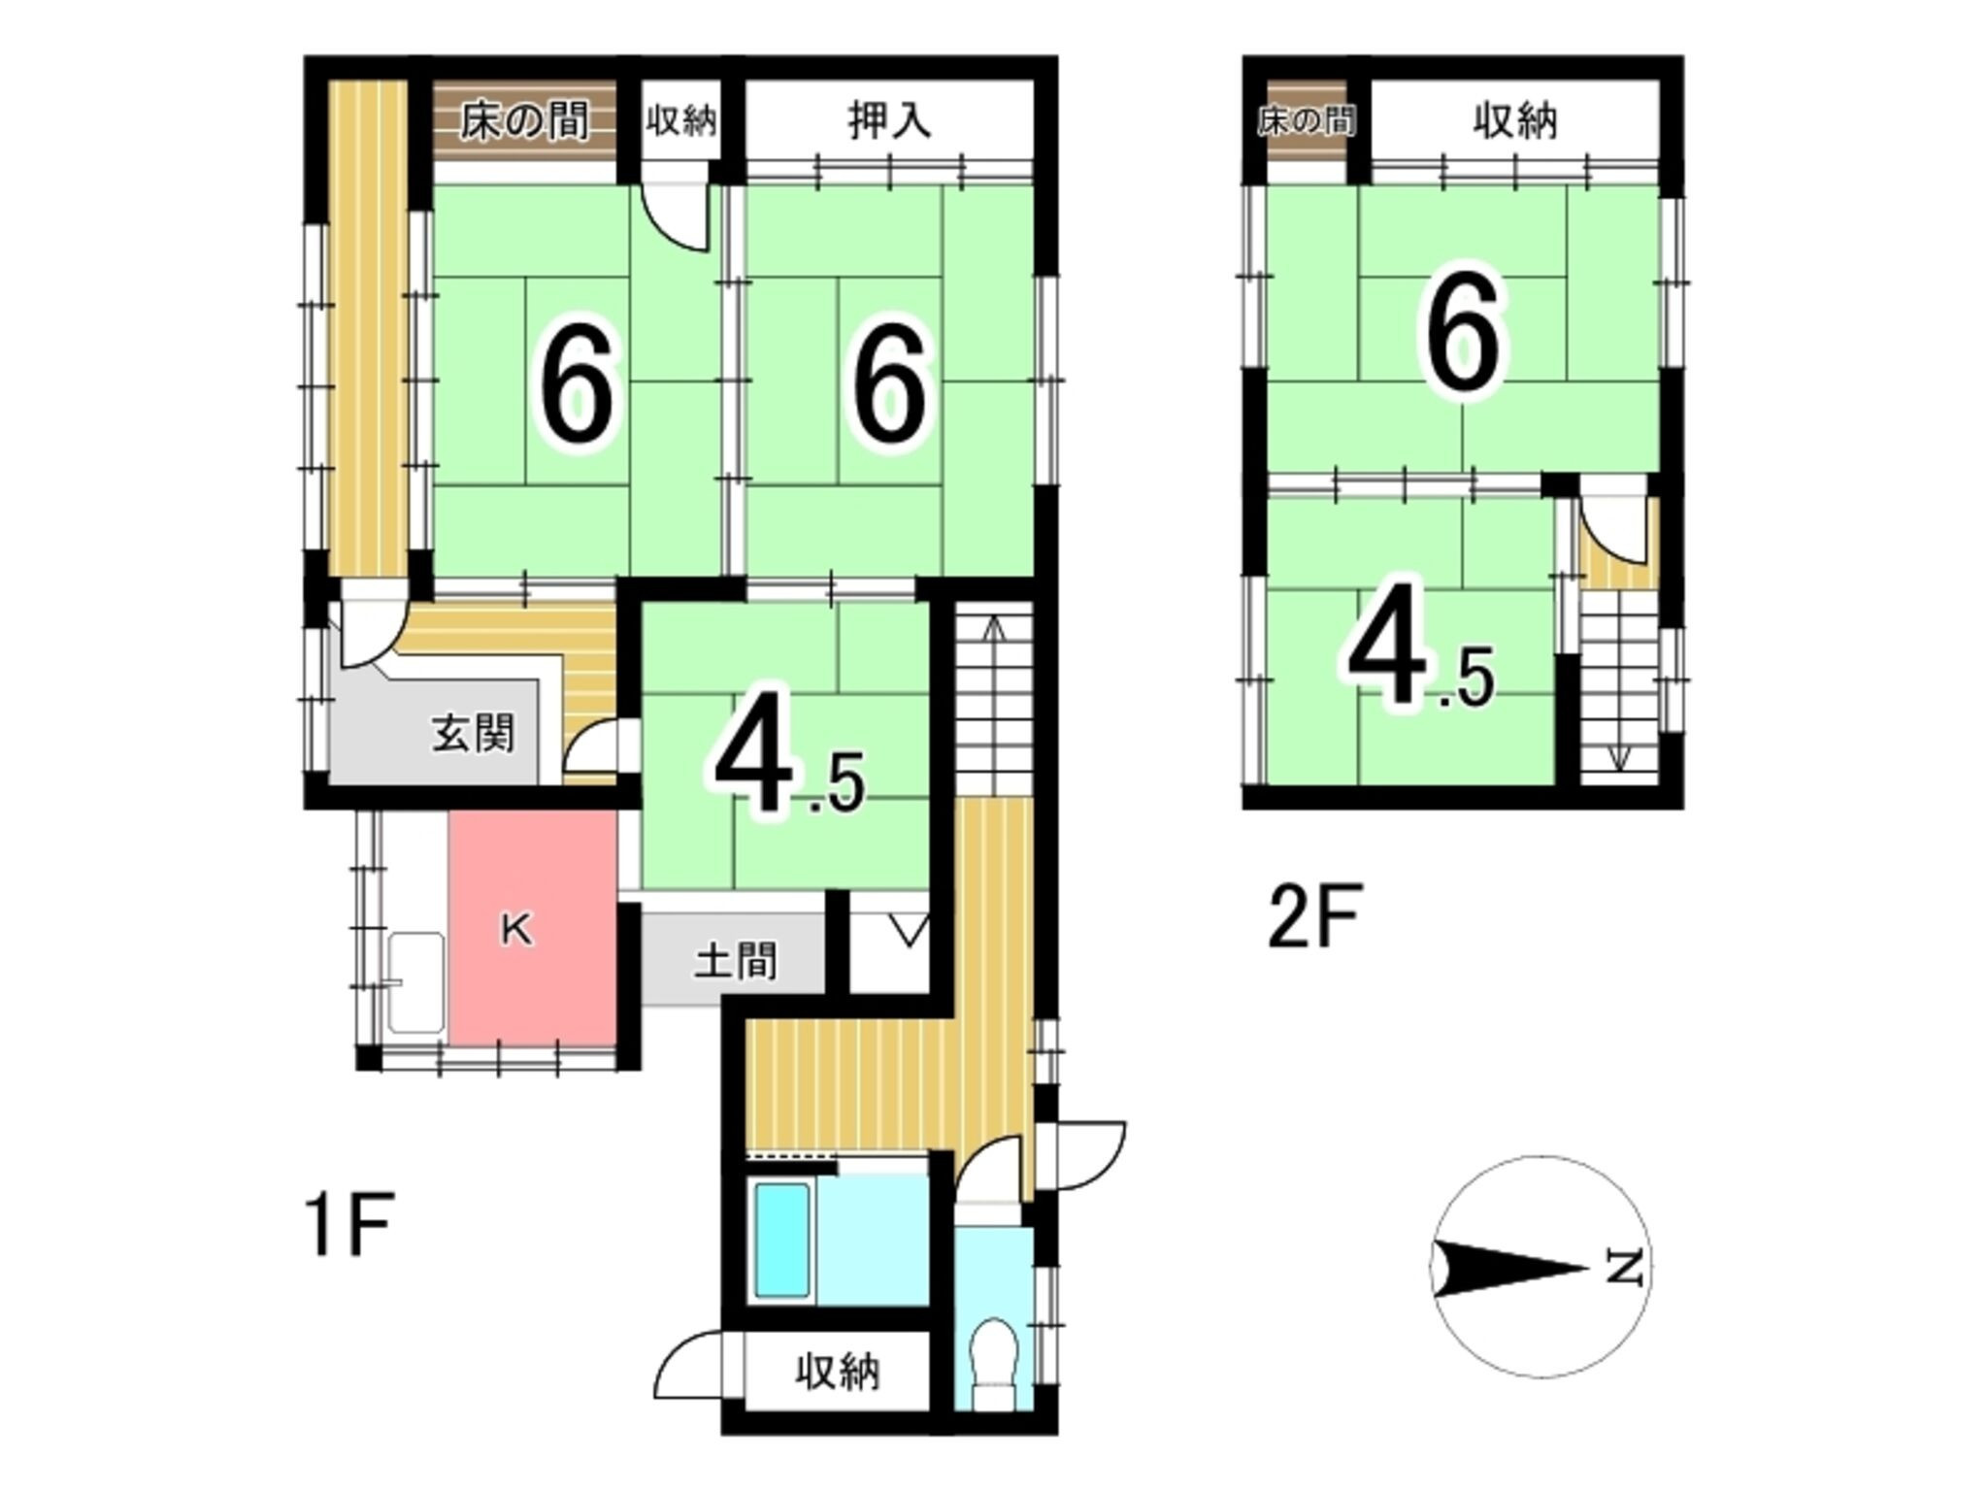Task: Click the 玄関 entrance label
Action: (x=473, y=734)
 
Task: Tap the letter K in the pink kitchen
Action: (x=516, y=931)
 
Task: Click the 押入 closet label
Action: (x=889, y=121)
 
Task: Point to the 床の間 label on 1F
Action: (x=524, y=122)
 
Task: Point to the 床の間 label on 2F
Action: (x=1307, y=121)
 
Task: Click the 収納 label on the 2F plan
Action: (x=1515, y=121)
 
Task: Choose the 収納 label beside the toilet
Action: (x=838, y=1372)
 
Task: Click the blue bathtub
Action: (x=782, y=1239)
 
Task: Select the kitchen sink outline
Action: (x=416, y=982)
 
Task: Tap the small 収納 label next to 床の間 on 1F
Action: (x=681, y=121)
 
